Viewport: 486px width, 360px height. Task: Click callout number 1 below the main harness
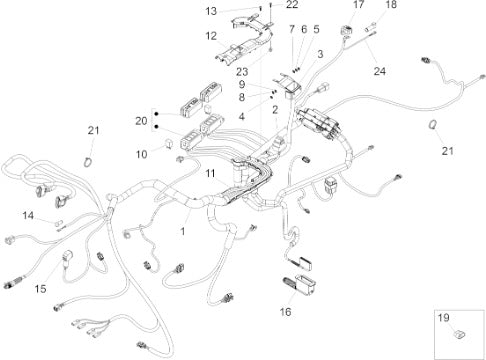point(182,231)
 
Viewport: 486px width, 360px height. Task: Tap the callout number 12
point(211,36)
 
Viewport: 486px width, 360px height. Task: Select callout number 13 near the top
point(211,11)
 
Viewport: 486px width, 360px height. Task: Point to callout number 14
point(28,216)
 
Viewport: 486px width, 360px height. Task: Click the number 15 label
point(40,289)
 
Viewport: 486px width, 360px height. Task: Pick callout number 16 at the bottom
point(285,312)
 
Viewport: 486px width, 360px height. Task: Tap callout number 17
point(359,4)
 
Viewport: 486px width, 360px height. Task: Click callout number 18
point(391,4)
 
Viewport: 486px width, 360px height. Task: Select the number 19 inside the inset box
point(443,318)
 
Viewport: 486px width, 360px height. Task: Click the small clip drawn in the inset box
point(460,334)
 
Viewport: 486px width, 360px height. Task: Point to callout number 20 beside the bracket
point(141,121)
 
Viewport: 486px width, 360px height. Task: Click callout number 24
point(380,71)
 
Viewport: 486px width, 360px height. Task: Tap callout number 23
point(242,72)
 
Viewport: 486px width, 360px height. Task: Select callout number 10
point(141,154)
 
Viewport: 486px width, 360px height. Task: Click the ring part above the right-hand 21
point(432,125)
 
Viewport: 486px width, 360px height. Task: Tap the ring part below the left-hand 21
point(88,162)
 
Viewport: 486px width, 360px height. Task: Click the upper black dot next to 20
point(156,114)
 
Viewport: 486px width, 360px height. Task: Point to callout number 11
point(210,173)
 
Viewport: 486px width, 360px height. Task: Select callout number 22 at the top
point(292,4)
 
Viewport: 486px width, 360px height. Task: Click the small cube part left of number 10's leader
point(169,144)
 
